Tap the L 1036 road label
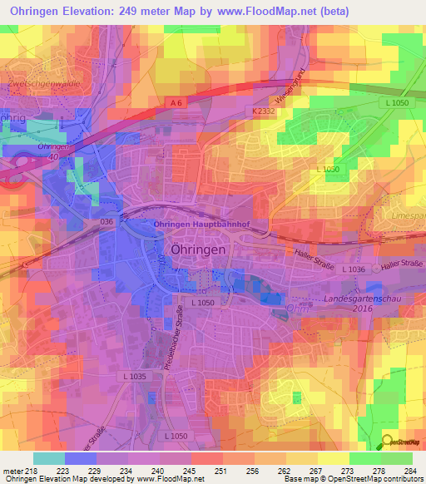(x=353, y=269)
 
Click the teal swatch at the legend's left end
(x=48, y=458)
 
